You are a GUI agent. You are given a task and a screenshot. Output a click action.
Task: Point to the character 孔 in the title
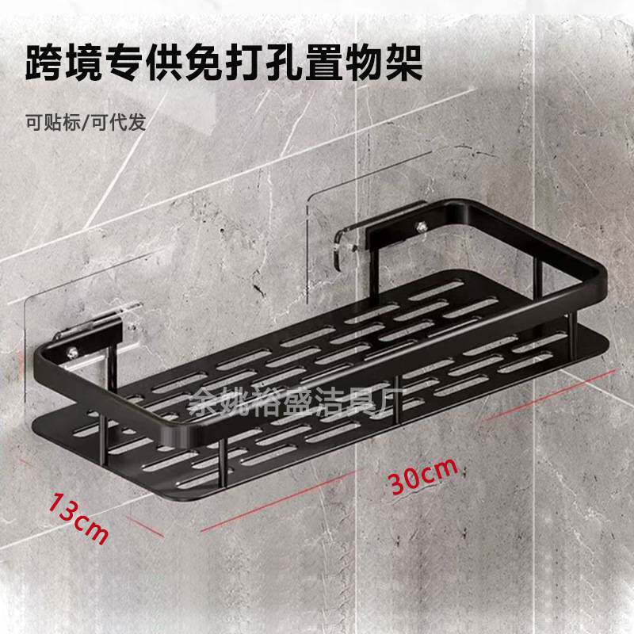tap(294, 63)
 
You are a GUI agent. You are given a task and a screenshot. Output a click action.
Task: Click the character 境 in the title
tap(95, 63)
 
